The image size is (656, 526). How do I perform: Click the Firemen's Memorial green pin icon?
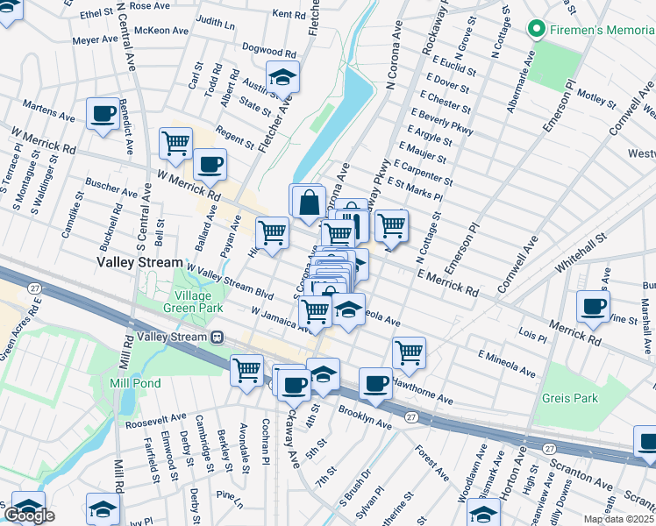click(537, 30)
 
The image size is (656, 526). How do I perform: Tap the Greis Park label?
click(569, 398)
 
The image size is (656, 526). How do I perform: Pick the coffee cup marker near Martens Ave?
click(103, 115)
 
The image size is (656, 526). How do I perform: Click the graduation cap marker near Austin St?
click(282, 79)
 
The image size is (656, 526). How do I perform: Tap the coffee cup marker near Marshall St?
click(594, 307)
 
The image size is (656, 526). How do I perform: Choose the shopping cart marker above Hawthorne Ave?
click(409, 352)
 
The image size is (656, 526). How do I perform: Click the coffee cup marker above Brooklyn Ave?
click(376, 383)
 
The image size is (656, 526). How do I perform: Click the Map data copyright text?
click(618, 519)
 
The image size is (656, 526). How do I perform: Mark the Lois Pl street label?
click(533, 335)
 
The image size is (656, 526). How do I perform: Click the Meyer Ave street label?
click(96, 40)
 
